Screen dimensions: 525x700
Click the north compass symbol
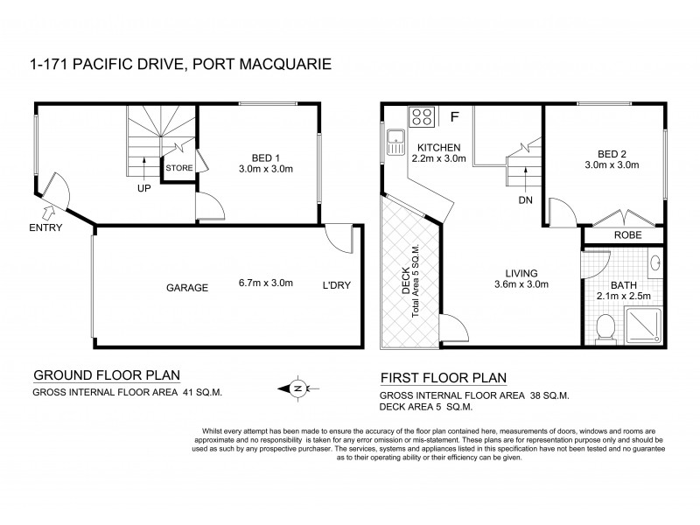tap(298, 388)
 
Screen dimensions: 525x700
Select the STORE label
tap(179, 167)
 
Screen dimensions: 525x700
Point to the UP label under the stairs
tap(143, 186)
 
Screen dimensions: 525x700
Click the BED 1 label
tap(258, 158)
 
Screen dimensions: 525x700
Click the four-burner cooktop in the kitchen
tap(421, 116)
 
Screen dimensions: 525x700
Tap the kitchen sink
tap(395, 136)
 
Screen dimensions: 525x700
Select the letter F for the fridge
tap(454, 116)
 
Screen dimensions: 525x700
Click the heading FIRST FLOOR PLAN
tap(444, 379)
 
